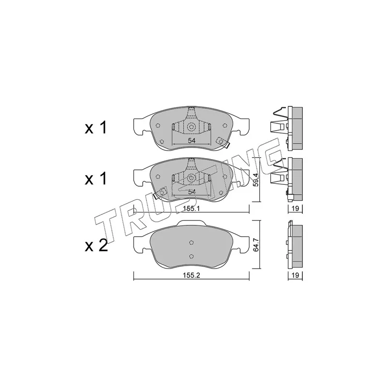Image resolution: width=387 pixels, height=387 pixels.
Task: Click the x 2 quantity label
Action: pyautogui.click(x=96, y=246)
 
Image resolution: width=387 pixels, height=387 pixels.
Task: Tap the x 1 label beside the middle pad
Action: pyautogui.click(x=96, y=179)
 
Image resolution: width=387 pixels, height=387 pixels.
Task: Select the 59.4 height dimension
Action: pyautogui.click(x=256, y=180)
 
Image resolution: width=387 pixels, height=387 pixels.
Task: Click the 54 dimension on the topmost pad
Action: pyautogui.click(x=191, y=140)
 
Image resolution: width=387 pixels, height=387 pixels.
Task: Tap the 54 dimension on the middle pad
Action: pyautogui.click(x=191, y=192)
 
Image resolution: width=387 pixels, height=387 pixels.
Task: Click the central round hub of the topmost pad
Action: pyautogui.click(x=191, y=128)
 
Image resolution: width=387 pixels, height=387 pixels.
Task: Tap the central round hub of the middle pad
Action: pyautogui.click(x=191, y=179)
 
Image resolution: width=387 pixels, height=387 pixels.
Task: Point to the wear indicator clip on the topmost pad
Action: pyautogui.click(x=223, y=142)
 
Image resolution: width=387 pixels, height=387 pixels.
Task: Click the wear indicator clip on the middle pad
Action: pyautogui.click(x=158, y=194)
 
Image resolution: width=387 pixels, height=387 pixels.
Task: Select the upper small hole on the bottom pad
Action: pyautogui.click(x=191, y=243)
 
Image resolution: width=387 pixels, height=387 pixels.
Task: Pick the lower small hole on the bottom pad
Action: pyautogui.click(x=191, y=256)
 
